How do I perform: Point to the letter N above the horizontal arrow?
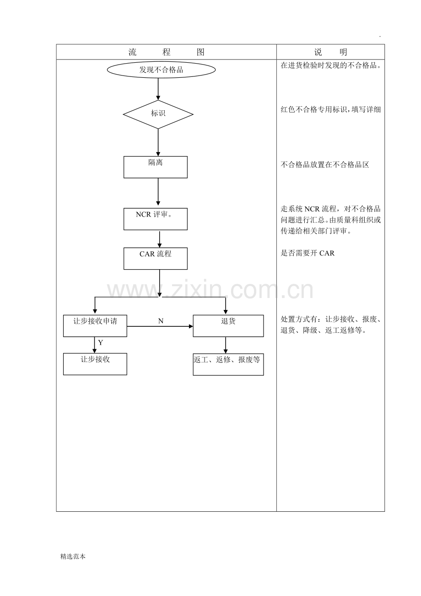[161, 321]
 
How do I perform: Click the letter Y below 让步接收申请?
[101, 343]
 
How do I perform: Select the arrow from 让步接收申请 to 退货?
[160, 326]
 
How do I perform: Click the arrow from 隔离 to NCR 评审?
[158, 191]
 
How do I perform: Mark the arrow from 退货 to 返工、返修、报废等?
[226, 345]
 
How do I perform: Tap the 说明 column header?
[330, 52]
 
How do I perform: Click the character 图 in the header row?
[200, 52]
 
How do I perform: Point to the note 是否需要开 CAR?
[308, 253]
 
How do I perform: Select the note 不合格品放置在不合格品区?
[325, 165]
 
